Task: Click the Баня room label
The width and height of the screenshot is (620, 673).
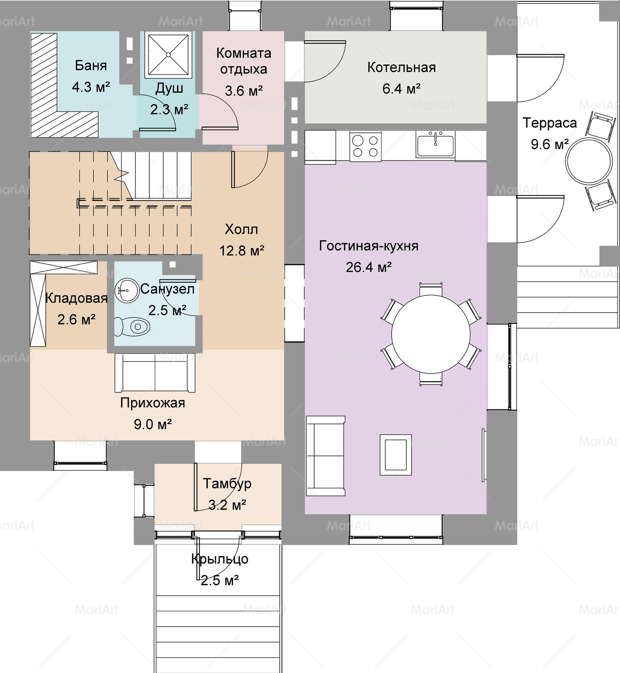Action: [x=91, y=66]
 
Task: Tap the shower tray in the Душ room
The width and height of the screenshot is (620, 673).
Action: [x=168, y=55]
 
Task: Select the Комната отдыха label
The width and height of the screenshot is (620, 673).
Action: [x=244, y=61]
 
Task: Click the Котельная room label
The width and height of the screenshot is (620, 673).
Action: [x=401, y=67]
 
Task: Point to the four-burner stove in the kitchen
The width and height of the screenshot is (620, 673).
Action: [x=366, y=146]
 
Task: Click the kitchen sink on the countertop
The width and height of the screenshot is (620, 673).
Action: [x=435, y=144]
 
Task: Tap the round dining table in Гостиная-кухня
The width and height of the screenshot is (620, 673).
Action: [x=431, y=334]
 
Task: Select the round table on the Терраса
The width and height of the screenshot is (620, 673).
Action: [x=588, y=161]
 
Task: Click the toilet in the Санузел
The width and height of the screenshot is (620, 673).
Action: [x=132, y=326]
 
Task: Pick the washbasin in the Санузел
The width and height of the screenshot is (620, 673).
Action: [x=127, y=290]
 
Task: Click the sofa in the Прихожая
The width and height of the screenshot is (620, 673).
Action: [x=155, y=373]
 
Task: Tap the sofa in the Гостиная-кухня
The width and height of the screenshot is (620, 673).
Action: [x=326, y=456]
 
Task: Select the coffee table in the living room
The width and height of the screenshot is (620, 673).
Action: [x=396, y=455]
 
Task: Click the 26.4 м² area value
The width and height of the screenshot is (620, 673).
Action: [x=369, y=267]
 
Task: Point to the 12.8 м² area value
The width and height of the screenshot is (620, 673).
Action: [x=242, y=251]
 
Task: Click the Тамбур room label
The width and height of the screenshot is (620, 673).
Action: [x=227, y=484]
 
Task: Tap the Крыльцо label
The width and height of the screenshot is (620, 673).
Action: [x=220, y=559]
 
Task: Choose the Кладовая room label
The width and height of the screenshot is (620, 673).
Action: [x=76, y=298]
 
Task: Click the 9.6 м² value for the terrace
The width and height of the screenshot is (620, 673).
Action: [x=550, y=144]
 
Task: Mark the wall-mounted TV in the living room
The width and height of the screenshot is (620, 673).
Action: [x=484, y=455]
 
